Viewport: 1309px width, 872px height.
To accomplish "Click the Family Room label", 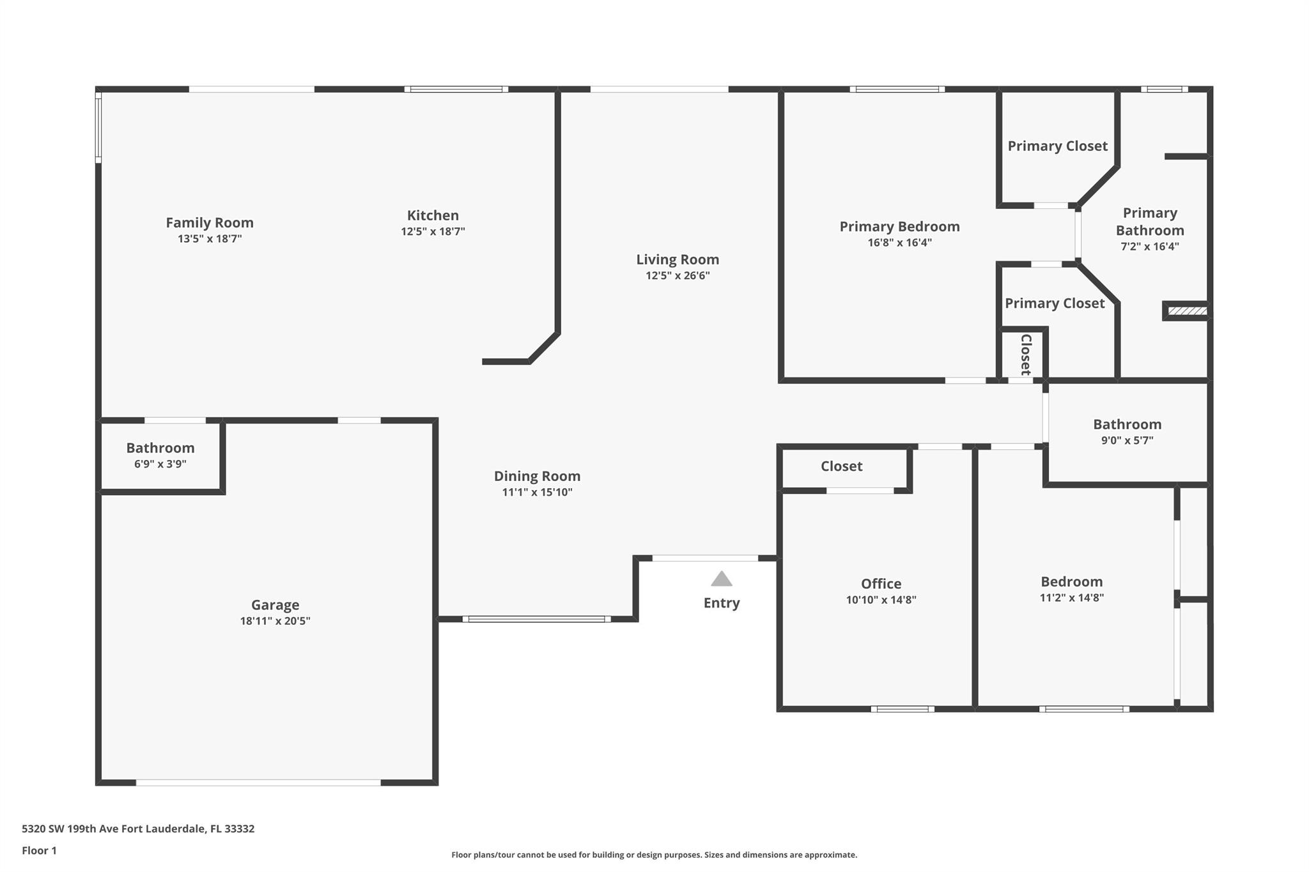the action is click(210, 222).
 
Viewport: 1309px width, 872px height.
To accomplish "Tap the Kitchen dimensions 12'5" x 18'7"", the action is click(433, 231).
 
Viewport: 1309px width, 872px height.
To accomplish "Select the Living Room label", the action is click(678, 259).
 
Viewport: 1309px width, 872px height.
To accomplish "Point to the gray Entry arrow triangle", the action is click(722, 579).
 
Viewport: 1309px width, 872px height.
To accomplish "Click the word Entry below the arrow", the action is click(722, 603).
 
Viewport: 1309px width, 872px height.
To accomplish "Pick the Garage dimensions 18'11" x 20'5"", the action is click(275, 620).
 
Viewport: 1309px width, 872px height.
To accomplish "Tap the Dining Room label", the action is click(537, 476).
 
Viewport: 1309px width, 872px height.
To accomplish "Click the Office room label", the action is click(881, 583).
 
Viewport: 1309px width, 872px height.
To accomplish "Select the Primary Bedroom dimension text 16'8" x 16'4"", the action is click(899, 242).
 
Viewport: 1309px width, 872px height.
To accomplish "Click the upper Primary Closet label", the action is click(1057, 146).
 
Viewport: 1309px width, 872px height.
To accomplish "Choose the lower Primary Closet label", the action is click(1055, 303).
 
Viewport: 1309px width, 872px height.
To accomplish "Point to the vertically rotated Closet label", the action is click(1026, 355).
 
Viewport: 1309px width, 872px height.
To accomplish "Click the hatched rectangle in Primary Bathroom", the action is click(1188, 311).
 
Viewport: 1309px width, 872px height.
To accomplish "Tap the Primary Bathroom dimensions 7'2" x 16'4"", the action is click(1150, 246).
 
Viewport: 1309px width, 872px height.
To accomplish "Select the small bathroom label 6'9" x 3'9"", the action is click(160, 464).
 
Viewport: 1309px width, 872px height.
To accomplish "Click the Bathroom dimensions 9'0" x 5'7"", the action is click(1127, 440).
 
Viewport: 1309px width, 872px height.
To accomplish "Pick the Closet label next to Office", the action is click(841, 466).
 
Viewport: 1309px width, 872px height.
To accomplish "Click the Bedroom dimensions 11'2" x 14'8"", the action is click(1071, 597).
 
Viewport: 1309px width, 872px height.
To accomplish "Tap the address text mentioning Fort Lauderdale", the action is click(138, 829).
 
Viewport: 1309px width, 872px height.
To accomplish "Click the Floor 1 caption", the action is click(39, 850).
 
